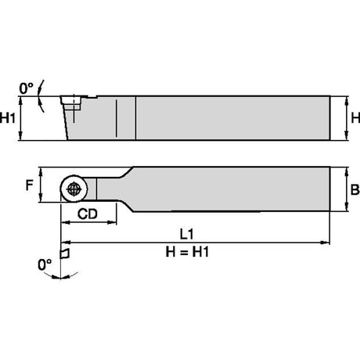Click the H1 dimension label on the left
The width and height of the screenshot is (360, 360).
(x=8, y=118)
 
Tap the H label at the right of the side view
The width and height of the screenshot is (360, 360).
(x=355, y=118)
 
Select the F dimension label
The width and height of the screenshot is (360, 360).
(x=29, y=185)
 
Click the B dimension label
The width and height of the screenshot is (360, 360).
(x=355, y=189)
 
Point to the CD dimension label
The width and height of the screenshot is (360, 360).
(x=88, y=214)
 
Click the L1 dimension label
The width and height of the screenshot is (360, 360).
(x=187, y=234)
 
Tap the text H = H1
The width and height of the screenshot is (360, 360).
(x=187, y=252)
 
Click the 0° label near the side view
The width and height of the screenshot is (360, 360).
(x=26, y=88)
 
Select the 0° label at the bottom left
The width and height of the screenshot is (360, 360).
(x=45, y=265)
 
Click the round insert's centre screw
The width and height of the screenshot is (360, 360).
(x=74, y=189)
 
